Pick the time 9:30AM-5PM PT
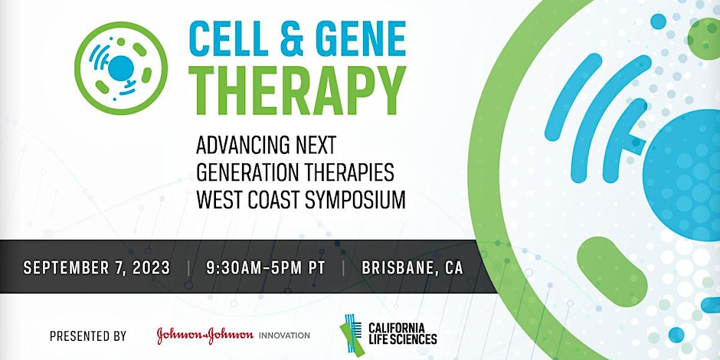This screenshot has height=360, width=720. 265,269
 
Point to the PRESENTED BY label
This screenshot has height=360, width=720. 87,335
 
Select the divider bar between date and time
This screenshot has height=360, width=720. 188,269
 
